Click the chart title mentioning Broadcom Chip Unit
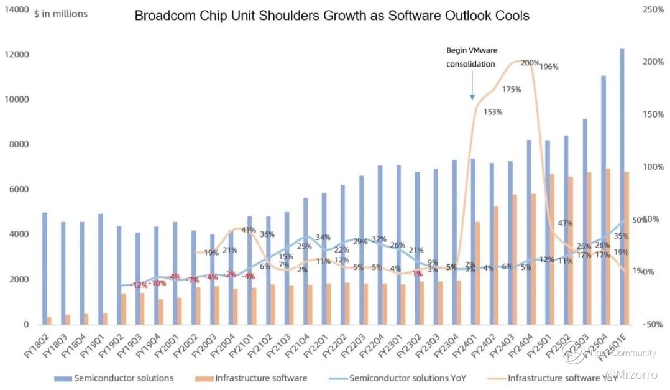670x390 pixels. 332,16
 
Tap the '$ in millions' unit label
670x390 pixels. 61,14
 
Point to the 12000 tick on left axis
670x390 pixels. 17,55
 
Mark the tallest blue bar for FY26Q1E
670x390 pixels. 622,187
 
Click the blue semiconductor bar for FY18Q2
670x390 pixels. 45,268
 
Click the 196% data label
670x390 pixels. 549,67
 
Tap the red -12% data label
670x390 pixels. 139,285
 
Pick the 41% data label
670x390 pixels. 249,230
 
